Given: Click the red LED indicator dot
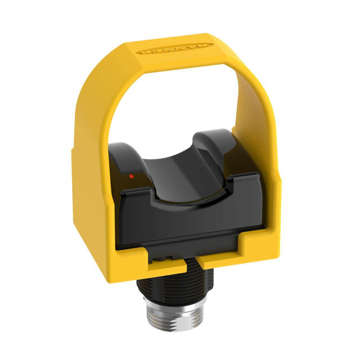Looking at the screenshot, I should [131, 176].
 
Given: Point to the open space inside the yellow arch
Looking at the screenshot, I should [180, 103].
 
